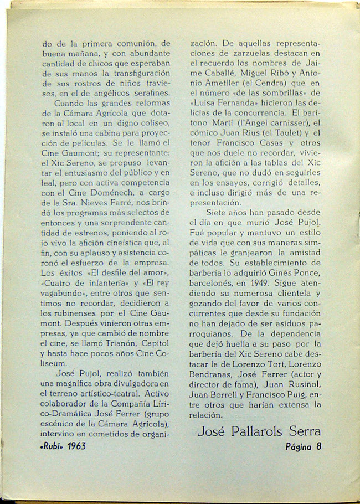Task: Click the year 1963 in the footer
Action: pos(74,446)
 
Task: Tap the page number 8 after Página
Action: pos(318,447)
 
